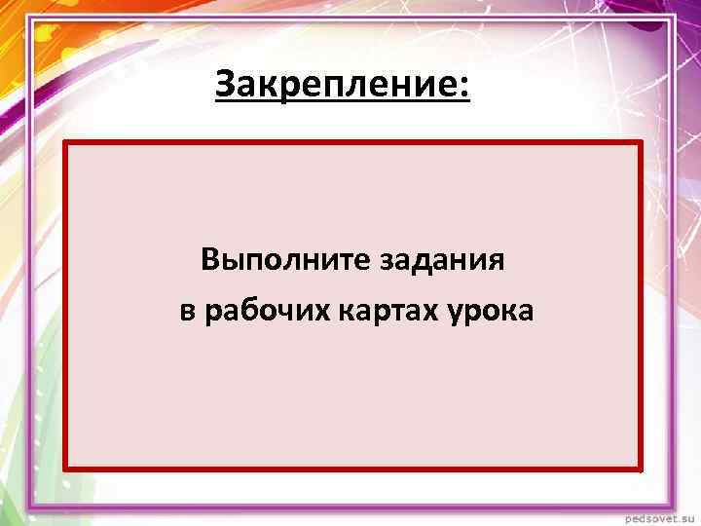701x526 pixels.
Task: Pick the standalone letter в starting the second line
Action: tap(186, 313)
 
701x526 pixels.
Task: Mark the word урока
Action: tap(493, 313)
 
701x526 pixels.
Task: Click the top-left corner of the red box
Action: tap(66, 143)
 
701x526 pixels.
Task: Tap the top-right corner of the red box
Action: tap(642, 143)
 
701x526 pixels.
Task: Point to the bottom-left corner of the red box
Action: tap(66, 470)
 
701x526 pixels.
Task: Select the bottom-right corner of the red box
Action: tap(642, 470)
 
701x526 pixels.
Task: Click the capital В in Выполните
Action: tap(210, 260)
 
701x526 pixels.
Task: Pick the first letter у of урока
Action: tap(457, 315)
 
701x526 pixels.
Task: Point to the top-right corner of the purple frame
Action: tap(672, 19)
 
